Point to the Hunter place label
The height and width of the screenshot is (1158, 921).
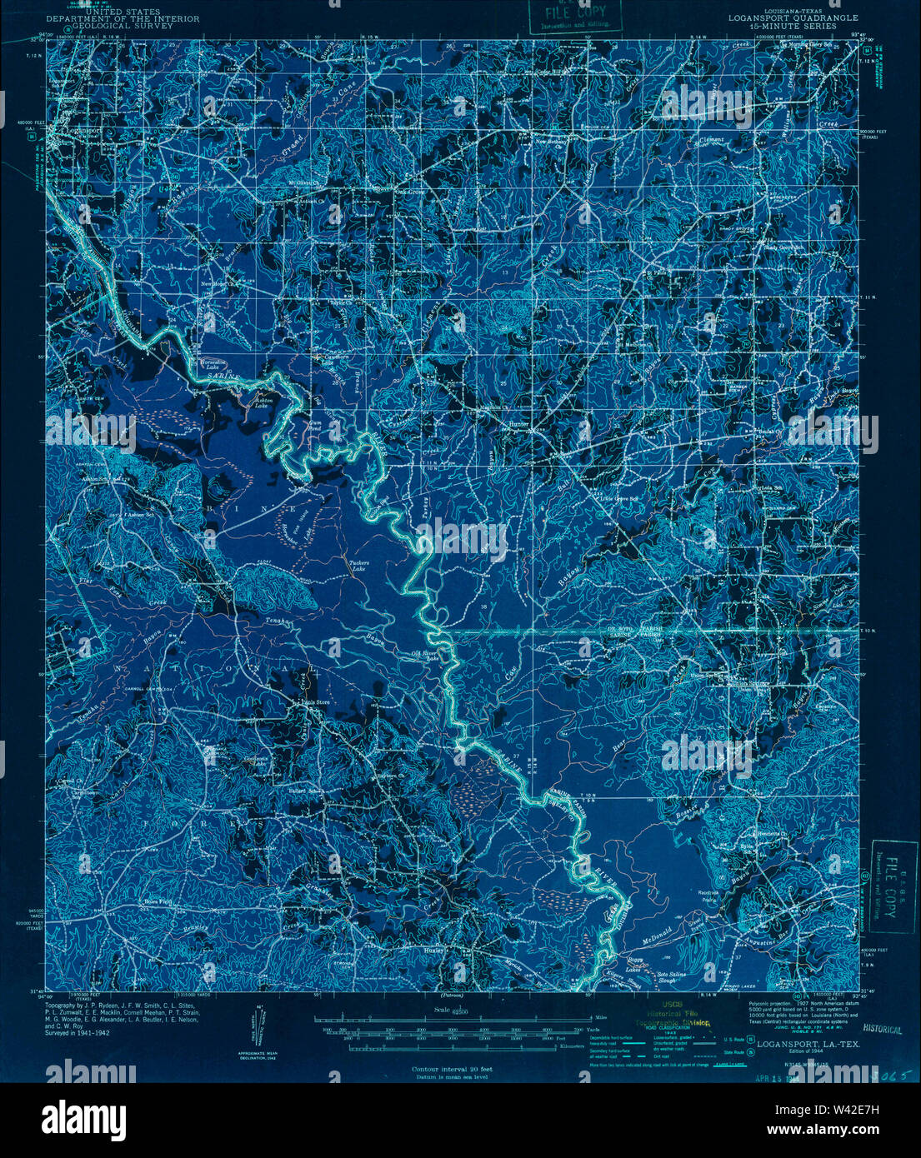[518, 423]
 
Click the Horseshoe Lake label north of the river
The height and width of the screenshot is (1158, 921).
[213, 364]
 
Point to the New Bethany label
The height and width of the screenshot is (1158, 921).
[552, 142]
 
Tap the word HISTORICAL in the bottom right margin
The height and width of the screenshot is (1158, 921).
[883, 1030]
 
